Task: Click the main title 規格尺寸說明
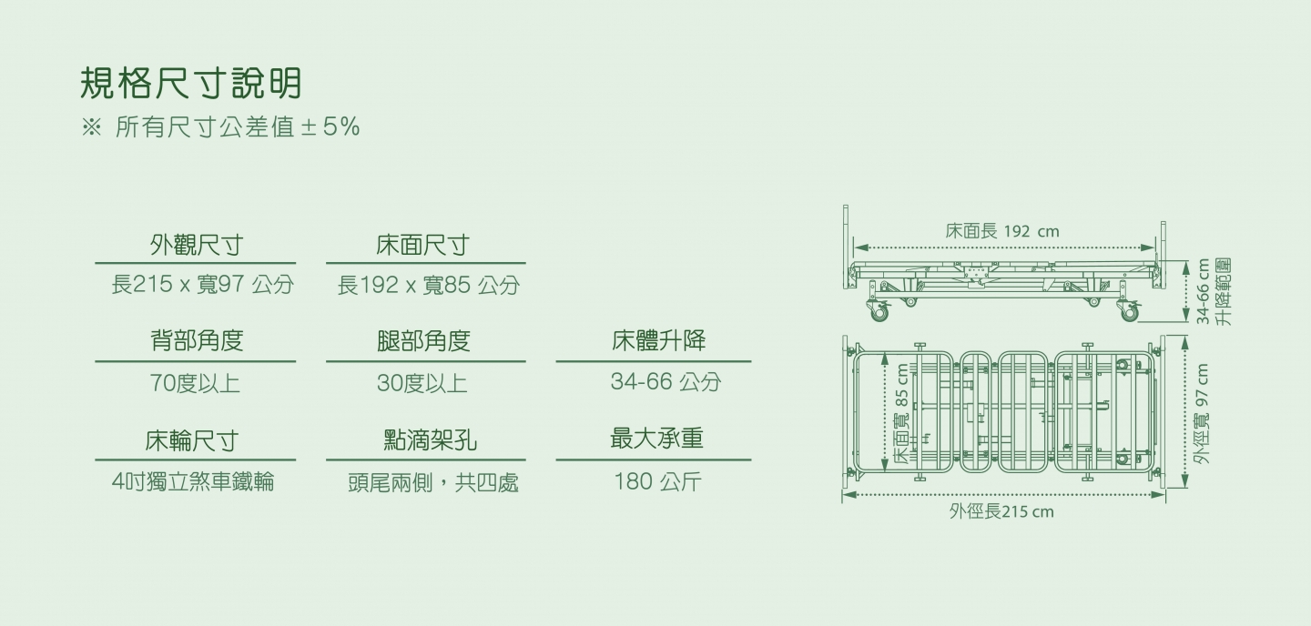tap(191, 83)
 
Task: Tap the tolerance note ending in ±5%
tap(220, 127)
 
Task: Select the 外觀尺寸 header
tap(196, 245)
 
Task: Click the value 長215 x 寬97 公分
tap(202, 284)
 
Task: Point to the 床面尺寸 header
tap(422, 245)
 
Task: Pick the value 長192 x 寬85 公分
tap(429, 285)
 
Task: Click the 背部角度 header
tap(196, 340)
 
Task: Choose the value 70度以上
tap(195, 383)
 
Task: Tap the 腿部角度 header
tap(423, 340)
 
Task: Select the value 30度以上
tap(422, 383)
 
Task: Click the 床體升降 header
tap(658, 340)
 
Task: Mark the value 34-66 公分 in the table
tap(666, 381)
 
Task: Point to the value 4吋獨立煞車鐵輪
tap(193, 481)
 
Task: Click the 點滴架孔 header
tap(430, 439)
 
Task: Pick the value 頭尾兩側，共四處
tap(433, 482)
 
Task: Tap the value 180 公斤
tap(657, 481)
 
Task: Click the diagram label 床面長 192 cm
tap(1002, 231)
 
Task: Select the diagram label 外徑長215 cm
tap(1001, 512)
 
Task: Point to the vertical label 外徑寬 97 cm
tap(1202, 414)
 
